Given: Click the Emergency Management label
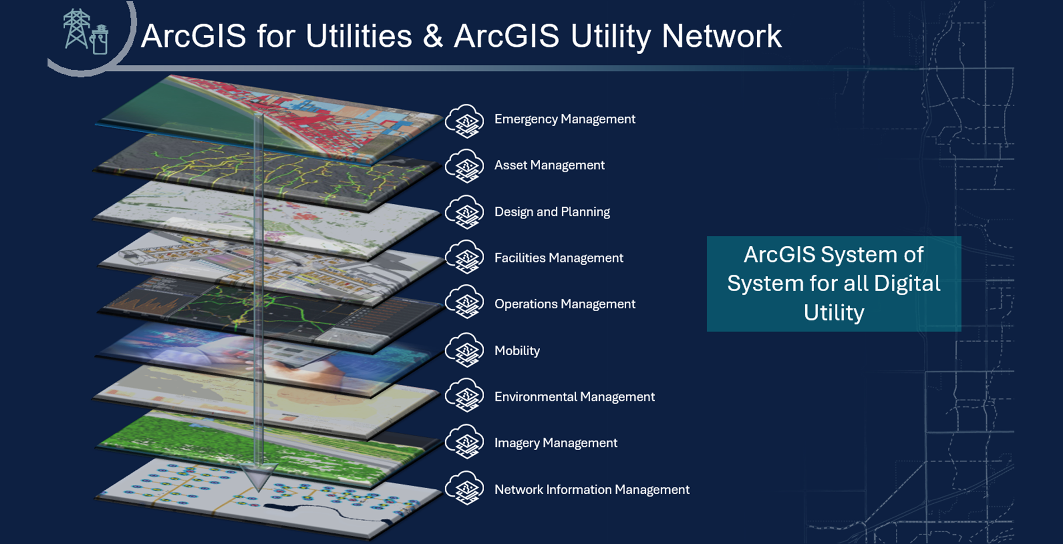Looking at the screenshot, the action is [x=565, y=120].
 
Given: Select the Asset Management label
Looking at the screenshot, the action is [x=549, y=165].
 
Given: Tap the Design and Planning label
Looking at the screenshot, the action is [x=552, y=212].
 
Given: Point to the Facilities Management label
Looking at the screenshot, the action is [x=559, y=258].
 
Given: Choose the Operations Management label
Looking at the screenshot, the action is [x=565, y=304].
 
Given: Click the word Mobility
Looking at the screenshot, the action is [x=517, y=351].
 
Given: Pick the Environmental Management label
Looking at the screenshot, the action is [x=574, y=397].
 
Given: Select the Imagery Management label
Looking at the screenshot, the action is [x=556, y=443].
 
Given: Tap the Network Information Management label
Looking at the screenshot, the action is [x=592, y=490].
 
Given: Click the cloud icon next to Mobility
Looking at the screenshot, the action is [x=465, y=350].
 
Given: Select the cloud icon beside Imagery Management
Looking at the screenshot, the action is [x=465, y=442].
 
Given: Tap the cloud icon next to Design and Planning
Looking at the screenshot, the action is [x=465, y=212].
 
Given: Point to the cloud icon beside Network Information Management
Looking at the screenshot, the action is [x=465, y=488].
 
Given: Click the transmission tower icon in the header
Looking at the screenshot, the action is [x=76, y=28].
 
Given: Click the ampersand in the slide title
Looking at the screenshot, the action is [x=433, y=37].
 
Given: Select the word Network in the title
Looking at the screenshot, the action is [x=721, y=37].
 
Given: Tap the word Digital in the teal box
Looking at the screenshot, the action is [x=907, y=284].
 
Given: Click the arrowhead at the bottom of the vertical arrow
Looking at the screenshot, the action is [x=258, y=477].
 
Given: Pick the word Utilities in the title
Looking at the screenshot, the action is [x=358, y=37].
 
